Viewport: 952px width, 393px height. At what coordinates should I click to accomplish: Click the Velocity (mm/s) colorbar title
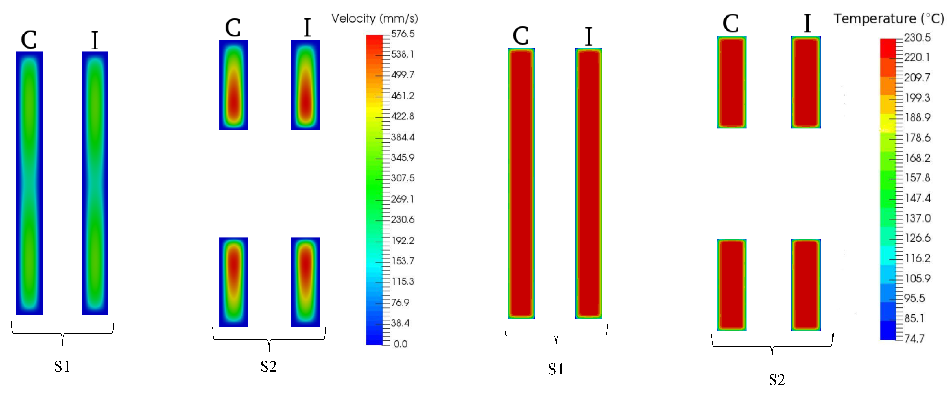(x=374, y=18)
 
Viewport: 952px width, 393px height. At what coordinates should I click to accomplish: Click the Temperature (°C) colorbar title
(x=889, y=18)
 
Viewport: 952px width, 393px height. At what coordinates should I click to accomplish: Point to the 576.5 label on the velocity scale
(x=403, y=34)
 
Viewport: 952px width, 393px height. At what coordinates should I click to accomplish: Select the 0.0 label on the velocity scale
(x=400, y=344)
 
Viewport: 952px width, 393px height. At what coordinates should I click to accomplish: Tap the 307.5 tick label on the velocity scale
(x=403, y=178)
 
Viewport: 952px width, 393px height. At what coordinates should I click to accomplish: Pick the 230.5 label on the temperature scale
(x=917, y=38)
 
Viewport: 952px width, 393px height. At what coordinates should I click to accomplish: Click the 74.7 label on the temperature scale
(x=914, y=339)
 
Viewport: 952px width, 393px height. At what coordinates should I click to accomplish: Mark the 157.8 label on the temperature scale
(x=917, y=178)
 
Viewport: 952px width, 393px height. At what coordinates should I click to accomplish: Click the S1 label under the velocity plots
(x=62, y=367)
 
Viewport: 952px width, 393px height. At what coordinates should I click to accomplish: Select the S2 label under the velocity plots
(x=268, y=367)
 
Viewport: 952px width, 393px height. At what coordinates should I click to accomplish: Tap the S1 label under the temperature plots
(x=556, y=369)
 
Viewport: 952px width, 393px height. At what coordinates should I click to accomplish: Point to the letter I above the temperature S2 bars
(x=807, y=24)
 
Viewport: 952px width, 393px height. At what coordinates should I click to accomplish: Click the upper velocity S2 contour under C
(x=234, y=85)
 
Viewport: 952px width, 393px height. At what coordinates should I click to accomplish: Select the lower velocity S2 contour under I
(x=306, y=282)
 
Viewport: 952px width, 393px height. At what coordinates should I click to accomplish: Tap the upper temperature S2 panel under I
(x=806, y=82)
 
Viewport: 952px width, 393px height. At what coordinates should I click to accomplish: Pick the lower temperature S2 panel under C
(x=732, y=285)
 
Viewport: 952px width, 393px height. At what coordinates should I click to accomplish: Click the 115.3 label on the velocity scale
(x=403, y=281)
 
